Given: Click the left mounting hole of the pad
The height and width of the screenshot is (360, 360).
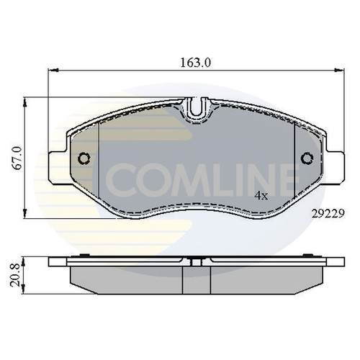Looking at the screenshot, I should coord(84,158).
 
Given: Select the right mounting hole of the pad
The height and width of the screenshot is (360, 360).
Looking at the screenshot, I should coord(307,158).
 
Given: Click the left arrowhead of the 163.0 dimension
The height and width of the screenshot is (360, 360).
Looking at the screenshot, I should coord(51,71).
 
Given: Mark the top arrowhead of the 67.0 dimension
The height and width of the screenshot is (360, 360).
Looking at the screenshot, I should coord(27,99).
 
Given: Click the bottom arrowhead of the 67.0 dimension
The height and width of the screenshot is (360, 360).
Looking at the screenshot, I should coord(27,217).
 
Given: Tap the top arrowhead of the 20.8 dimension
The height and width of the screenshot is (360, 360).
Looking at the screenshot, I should coord(27,258).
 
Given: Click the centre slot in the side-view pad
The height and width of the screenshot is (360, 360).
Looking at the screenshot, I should coord(195,277).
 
